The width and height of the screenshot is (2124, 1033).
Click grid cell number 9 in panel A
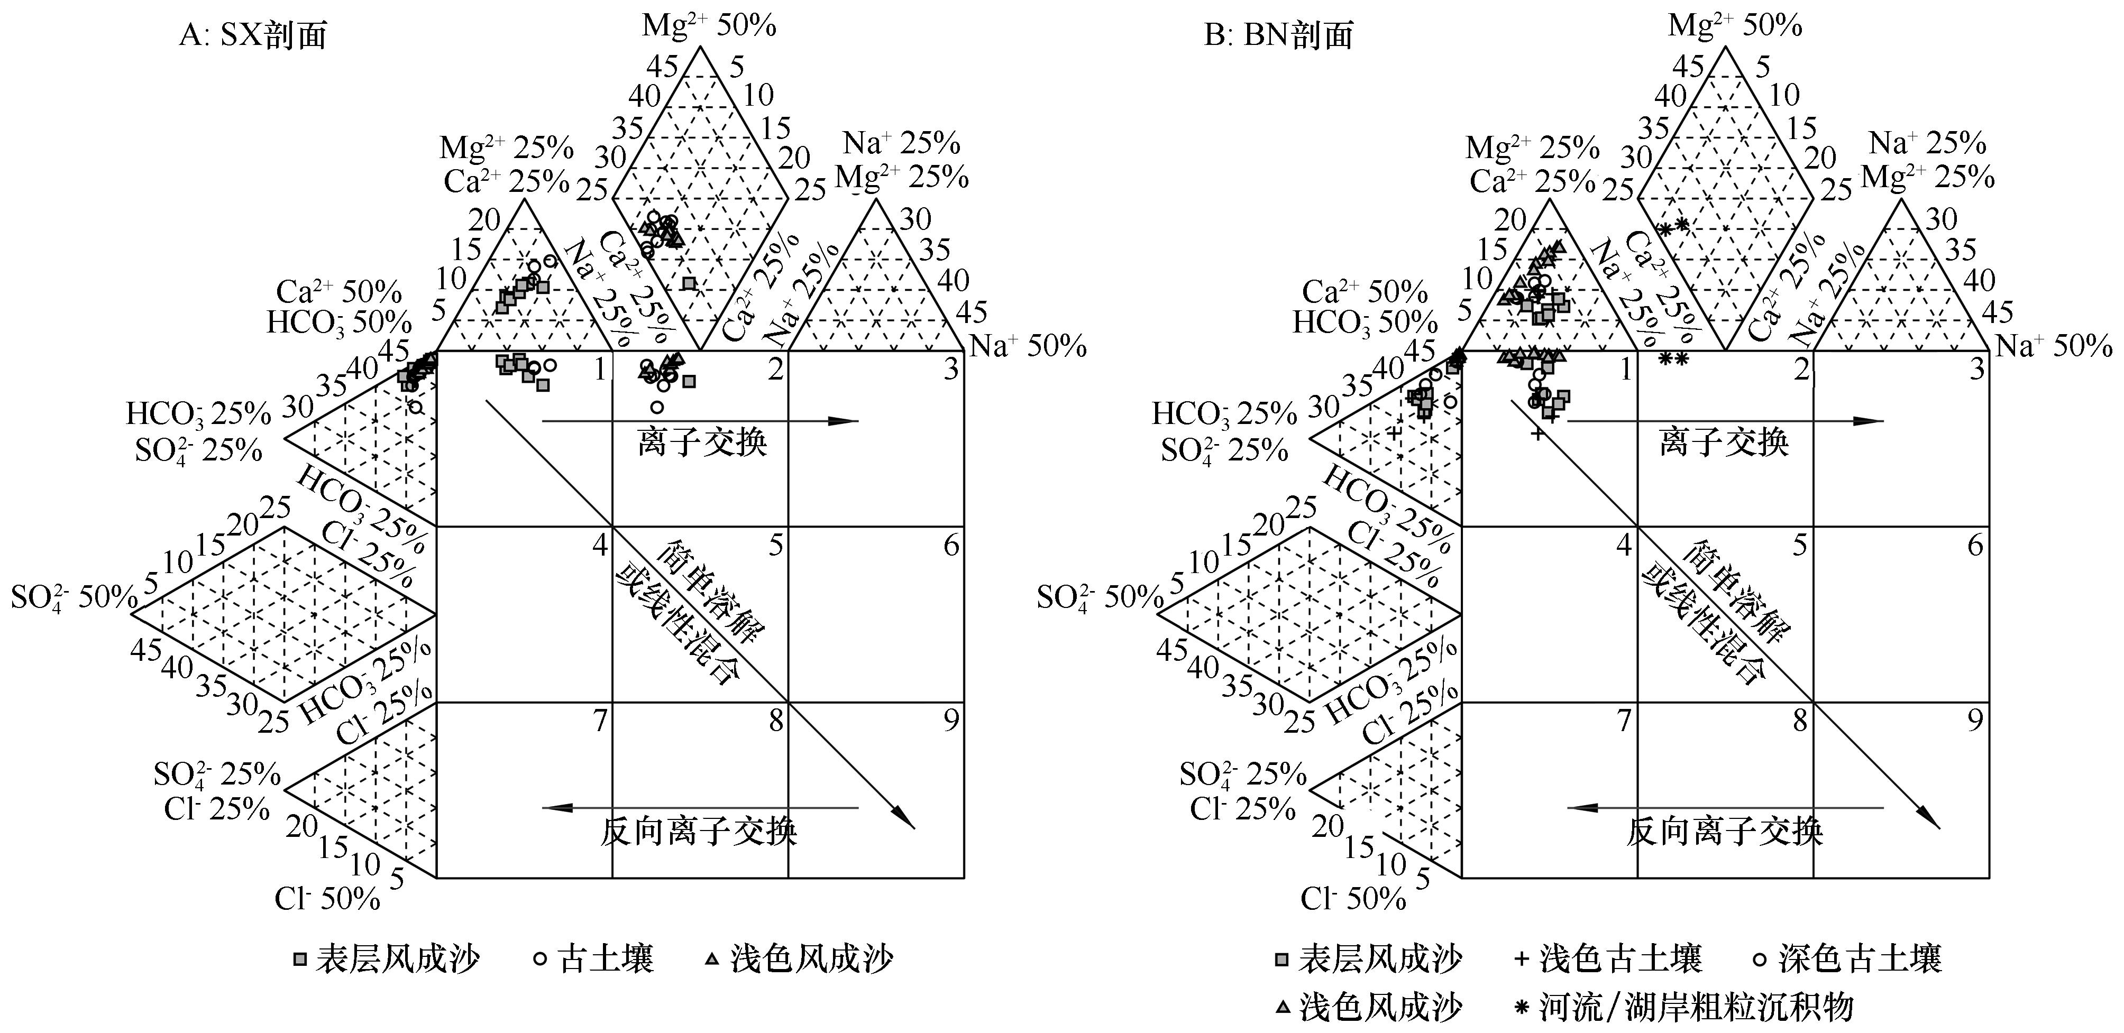(x=951, y=721)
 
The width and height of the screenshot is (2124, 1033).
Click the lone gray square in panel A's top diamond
(x=689, y=283)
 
